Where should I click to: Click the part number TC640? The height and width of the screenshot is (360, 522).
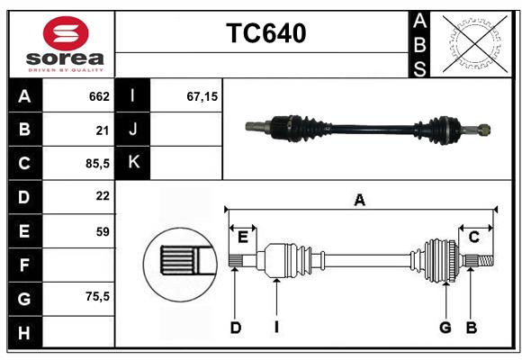tap(265, 33)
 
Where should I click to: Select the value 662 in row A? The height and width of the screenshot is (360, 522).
tap(99, 96)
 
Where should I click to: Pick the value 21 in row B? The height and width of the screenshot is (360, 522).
tap(103, 130)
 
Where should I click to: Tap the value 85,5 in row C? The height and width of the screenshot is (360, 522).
tap(96, 164)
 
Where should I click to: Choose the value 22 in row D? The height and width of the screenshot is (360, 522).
tap(103, 197)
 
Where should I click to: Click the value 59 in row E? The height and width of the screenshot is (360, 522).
tap(103, 231)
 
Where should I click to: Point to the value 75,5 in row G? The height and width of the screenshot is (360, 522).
tap(96, 296)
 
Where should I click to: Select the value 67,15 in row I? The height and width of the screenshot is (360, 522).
tap(202, 96)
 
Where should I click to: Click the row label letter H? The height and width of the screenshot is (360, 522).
tap(24, 334)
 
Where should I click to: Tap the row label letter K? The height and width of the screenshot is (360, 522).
tap(133, 162)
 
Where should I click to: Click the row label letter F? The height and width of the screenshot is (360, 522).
tap(24, 265)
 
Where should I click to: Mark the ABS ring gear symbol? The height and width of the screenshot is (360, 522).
tap(471, 43)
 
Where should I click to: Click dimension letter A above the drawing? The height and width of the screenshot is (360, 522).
tap(360, 200)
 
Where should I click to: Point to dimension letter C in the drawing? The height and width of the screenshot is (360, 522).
tap(473, 237)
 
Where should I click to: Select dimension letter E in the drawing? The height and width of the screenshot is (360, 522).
tap(243, 237)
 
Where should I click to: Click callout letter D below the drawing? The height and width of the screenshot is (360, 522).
tap(235, 328)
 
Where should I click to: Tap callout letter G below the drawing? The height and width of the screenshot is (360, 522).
tap(445, 328)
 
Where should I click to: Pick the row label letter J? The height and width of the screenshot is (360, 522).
tap(133, 130)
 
